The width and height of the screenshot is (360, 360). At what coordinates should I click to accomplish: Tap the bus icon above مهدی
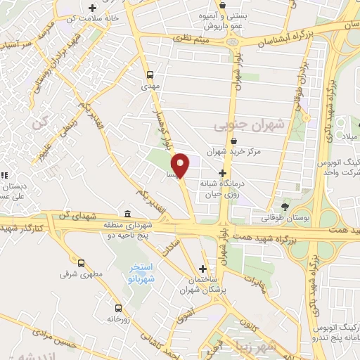(x=149, y=74)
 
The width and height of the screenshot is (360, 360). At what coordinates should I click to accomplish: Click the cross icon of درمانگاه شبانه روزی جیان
(x=222, y=172)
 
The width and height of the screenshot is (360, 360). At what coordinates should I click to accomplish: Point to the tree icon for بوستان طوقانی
(x=284, y=207)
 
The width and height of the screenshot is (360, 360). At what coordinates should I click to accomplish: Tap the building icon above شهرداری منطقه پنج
(x=127, y=214)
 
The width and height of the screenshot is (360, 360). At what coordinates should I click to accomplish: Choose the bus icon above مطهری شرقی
(x=82, y=263)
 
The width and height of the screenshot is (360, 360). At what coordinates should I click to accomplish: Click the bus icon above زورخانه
(x=117, y=307)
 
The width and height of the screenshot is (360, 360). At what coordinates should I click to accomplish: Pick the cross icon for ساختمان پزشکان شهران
(x=202, y=268)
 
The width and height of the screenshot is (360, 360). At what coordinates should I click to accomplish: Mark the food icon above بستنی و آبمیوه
(x=222, y=5)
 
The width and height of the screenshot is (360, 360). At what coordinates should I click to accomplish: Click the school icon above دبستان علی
(x=4, y=176)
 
